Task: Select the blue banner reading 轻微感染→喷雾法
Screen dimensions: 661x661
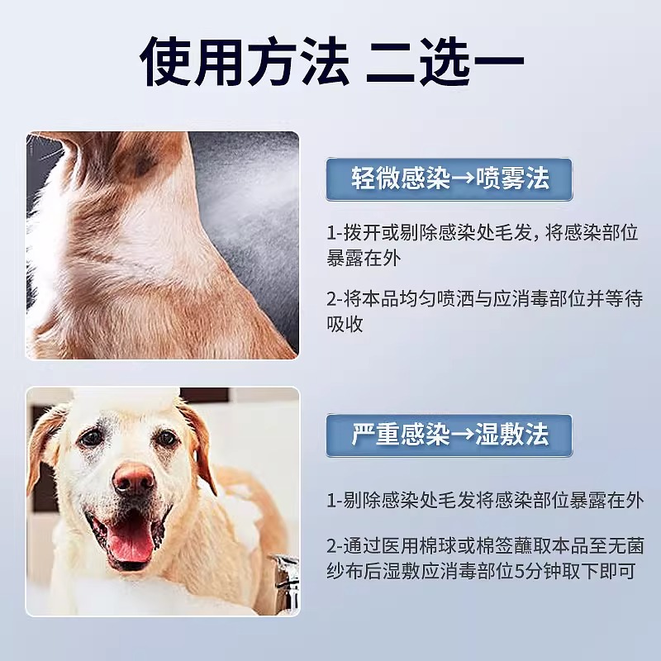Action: pos(449,179)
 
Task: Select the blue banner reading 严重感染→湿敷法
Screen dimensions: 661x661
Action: pos(449,435)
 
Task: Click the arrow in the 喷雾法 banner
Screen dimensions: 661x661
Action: pos(463,179)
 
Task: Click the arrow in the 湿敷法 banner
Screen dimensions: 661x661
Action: pos(463,435)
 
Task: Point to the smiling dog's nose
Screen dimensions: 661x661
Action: pos(134,478)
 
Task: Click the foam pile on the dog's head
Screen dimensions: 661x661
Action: pos(126,399)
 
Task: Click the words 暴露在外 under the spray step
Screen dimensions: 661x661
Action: pos(363,258)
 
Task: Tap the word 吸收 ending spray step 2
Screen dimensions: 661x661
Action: pos(345,324)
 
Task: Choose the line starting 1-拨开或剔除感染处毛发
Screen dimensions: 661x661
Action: pos(483,233)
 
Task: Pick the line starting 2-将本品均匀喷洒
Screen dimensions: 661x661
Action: pos(485,299)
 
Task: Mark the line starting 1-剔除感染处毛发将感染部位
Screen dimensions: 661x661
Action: pos(485,501)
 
